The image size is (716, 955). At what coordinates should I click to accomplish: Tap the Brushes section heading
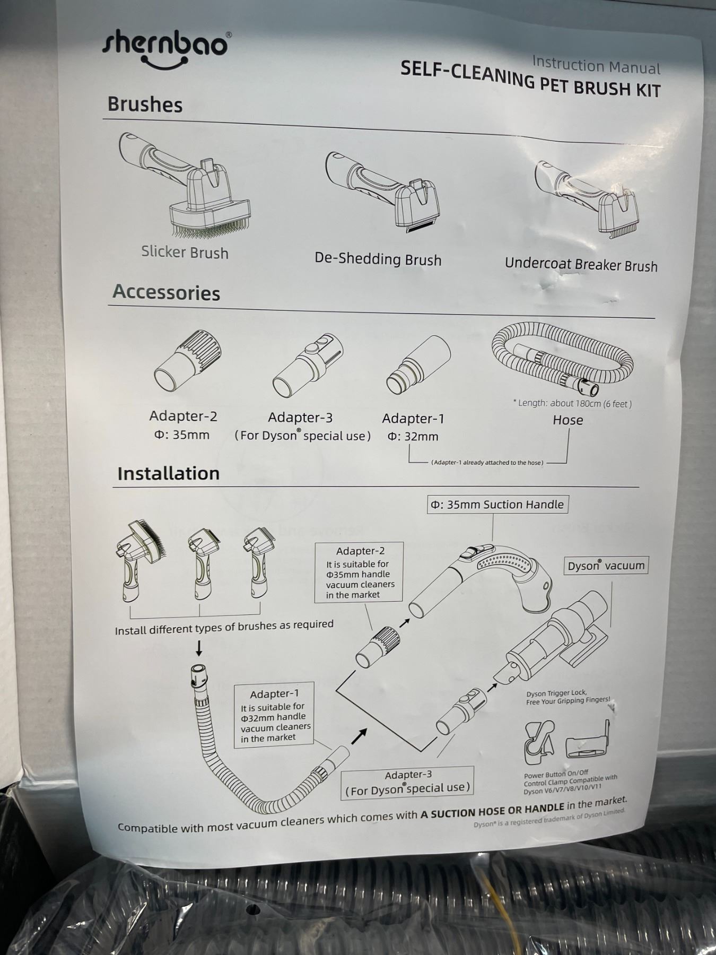pyautogui.click(x=145, y=105)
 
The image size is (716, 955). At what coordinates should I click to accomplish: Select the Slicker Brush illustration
pyautogui.click(x=183, y=185)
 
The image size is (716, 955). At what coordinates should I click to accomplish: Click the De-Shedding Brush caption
pyautogui.click(x=378, y=259)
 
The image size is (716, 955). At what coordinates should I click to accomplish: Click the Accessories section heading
pyautogui.click(x=166, y=293)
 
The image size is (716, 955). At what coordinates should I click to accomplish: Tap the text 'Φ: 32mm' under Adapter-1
pyautogui.click(x=413, y=437)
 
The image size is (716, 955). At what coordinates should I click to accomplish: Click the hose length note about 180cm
pyautogui.click(x=572, y=403)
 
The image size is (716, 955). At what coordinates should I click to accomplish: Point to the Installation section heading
pyautogui.click(x=168, y=473)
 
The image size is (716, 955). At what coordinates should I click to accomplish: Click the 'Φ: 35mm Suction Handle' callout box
pyautogui.click(x=497, y=505)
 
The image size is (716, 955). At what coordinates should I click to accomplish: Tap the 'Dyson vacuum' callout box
pyautogui.click(x=606, y=566)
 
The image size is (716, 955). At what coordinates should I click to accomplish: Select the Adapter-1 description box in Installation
pyautogui.click(x=274, y=715)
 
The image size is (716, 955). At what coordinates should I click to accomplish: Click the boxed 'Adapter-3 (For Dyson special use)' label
pyautogui.click(x=407, y=782)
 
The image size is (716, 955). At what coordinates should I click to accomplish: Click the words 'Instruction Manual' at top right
pyautogui.click(x=596, y=65)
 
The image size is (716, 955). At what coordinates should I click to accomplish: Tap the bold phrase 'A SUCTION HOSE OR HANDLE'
pyautogui.click(x=492, y=810)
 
